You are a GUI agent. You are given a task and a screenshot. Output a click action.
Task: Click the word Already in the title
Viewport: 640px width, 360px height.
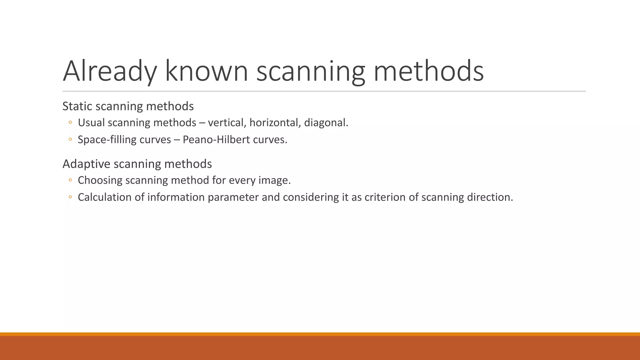pyautogui.click(x=110, y=71)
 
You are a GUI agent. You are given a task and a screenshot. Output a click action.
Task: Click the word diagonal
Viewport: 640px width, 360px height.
pyautogui.click(x=326, y=122)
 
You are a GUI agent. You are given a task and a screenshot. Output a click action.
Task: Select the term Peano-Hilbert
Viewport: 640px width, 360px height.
pyautogui.click(x=216, y=139)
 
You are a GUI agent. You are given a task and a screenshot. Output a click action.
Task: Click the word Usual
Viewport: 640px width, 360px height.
pyautogui.click(x=91, y=122)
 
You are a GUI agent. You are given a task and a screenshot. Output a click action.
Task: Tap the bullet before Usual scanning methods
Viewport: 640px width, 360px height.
pyautogui.click(x=70, y=122)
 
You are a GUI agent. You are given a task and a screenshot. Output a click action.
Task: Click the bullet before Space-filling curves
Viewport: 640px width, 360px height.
pyautogui.click(x=70, y=139)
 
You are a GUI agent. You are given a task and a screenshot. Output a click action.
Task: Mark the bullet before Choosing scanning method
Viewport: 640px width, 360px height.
pyautogui.click(x=70, y=180)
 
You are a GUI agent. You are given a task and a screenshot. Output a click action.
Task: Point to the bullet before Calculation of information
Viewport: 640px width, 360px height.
pyautogui.click(x=70, y=197)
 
